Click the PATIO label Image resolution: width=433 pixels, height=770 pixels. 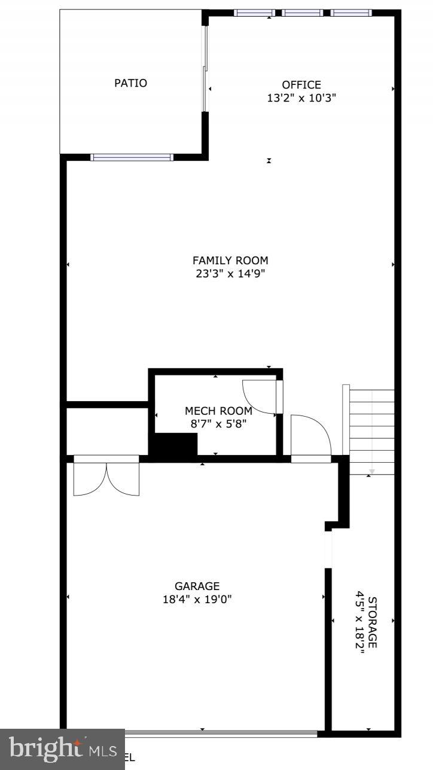(130, 83)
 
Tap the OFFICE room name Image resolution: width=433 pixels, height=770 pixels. (301, 85)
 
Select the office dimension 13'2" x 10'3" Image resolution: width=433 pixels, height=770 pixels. (301, 98)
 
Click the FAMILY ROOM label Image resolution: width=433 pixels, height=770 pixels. (230, 260)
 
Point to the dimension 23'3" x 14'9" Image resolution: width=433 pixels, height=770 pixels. (230, 274)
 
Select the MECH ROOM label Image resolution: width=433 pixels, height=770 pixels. (218, 411)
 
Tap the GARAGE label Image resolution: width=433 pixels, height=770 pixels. (197, 586)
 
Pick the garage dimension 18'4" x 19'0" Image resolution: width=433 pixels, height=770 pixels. (197, 599)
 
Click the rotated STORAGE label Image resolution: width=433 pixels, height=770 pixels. (373, 622)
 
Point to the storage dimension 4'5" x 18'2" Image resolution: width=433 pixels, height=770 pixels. (360, 622)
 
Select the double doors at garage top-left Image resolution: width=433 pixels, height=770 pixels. (106, 477)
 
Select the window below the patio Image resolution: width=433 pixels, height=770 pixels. (132, 157)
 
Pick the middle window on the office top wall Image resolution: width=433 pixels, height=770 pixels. (302, 13)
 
